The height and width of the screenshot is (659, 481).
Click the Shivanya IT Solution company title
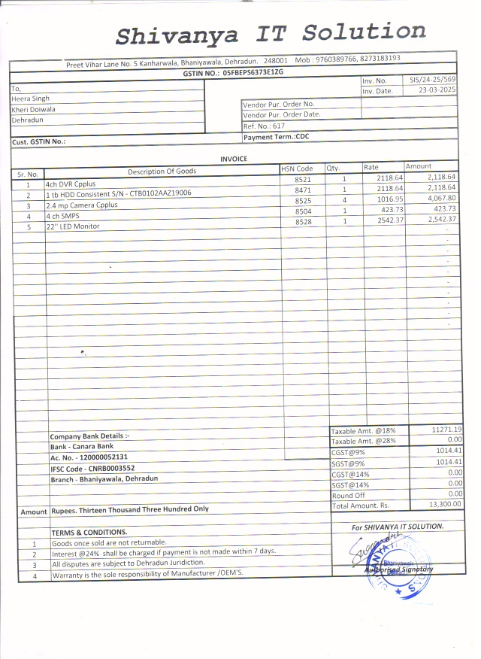click(271, 34)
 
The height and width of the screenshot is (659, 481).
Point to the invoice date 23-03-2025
click(437, 90)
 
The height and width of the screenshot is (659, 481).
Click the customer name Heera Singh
click(30, 99)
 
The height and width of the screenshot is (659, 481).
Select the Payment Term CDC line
click(277, 137)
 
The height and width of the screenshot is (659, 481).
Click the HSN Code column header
click(297, 169)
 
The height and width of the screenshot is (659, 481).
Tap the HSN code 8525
click(303, 201)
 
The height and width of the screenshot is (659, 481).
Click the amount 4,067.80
click(441, 198)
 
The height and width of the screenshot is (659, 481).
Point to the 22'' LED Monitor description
click(73, 226)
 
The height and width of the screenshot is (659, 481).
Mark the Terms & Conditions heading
click(84, 532)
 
